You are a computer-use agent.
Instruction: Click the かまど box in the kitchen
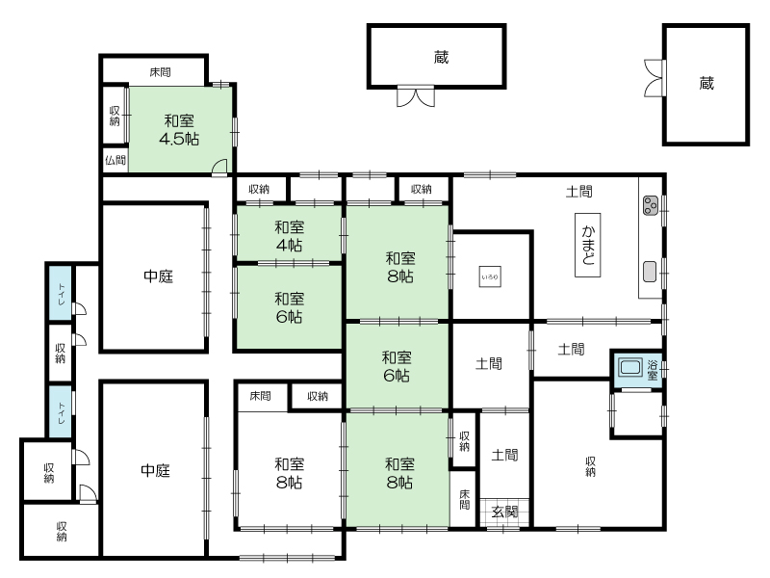click(x=587, y=245)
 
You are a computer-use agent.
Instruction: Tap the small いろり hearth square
click(x=490, y=276)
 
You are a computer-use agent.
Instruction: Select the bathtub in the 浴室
click(x=630, y=368)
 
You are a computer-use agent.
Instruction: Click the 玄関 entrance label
click(x=504, y=512)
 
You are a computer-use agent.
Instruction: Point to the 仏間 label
click(x=115, y=160)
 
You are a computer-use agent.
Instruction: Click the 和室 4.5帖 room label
click(x=179, y=130)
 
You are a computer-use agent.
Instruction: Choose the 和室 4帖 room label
click(x=289, y=236)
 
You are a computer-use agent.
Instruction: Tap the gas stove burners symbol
click(x=651, y=205)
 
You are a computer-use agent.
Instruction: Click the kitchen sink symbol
click(x=650, y=272)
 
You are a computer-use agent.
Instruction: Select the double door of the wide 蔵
click(x=416, y=97)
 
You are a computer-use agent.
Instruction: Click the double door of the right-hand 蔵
click(x=654, y=78)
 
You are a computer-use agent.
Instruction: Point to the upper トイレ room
click(x=61, y=294)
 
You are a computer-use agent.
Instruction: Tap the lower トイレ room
click(x=61, y=412)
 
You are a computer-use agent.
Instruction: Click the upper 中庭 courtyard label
click(x=158, y=276)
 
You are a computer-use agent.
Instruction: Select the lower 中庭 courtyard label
click(x=155, y=470)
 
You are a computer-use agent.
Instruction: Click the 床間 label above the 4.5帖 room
click(x=160, y=72)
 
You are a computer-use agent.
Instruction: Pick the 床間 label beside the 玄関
click(x=465, y=499)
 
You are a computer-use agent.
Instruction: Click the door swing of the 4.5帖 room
click(x=219, y=167)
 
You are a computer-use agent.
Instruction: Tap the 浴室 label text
click(x=653, y=370)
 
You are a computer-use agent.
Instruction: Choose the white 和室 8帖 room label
click(x=289, y=473)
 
